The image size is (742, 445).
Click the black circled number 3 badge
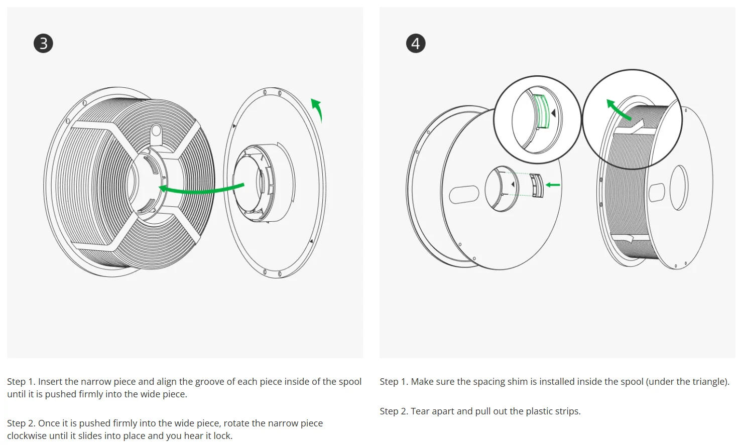tap(43, 43)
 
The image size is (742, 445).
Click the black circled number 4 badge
tap(416, 43)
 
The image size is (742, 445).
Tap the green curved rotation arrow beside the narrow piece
tap(318, 109)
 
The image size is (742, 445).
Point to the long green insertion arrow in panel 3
tap(201, 190)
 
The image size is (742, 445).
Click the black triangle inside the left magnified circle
tap(554, 113)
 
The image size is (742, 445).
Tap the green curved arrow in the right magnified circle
tap(617, 109)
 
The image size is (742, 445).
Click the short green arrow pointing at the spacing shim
tap(553, 185)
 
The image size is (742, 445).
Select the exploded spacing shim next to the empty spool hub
tap(538, 186)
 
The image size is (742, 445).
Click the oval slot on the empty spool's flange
tap(464, 194)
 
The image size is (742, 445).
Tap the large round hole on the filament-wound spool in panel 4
tap(679, 188)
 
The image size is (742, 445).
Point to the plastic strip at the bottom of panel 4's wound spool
tap(623, 238)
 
